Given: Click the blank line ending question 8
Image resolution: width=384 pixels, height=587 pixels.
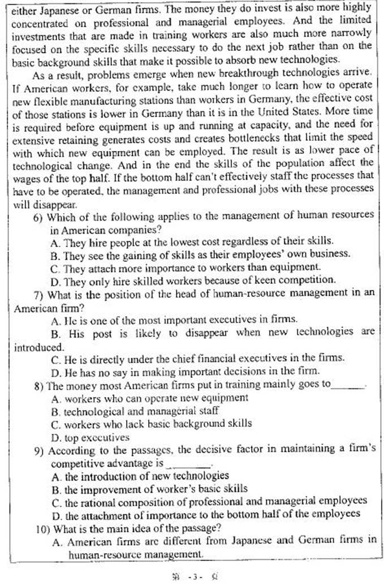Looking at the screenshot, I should pyautogui.click(x=347, y=386).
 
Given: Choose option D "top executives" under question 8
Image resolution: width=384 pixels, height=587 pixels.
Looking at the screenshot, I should pyautogui.click(x=90, y=437).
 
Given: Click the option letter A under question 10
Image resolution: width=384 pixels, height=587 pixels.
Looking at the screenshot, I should pyautogui.click(x=55, y=541).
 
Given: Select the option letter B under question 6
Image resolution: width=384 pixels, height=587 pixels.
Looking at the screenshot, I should pyautogui.click(x=54, y=254).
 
